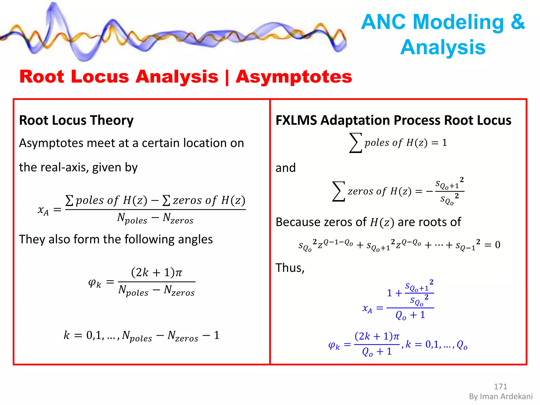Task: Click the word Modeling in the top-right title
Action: [x=459, y=22]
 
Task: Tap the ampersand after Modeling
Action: [x=518, y=22]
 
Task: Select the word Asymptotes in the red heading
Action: [x=294, y=77]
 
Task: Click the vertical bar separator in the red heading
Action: [x=227, y=77]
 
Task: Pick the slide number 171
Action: [x=500, y=387]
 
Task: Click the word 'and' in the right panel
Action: [x=286, y=168]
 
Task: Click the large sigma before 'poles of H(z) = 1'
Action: [x=355, y=143]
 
